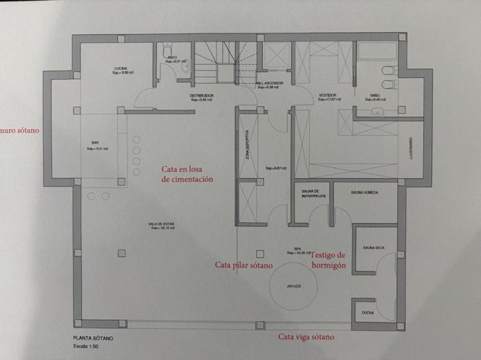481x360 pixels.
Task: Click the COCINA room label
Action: click(120, 68)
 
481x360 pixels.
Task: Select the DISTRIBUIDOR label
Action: click(202, 95)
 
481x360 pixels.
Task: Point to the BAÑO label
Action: click(375, 95)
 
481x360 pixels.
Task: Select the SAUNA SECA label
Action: click(375, 247)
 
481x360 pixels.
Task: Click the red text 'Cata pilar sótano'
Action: click(244, 265)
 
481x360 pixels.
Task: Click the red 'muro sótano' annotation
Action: click(20, 128)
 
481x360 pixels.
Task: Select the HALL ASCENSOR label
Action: click(269, 83)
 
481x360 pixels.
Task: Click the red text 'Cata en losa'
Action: click(186, 168)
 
